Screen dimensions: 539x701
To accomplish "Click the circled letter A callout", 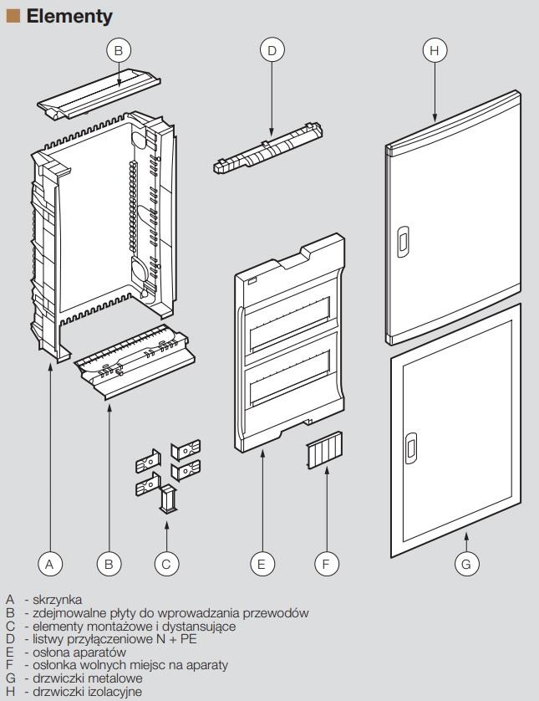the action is [x=49, y=564].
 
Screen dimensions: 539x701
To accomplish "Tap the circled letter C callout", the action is [x=166, y=564].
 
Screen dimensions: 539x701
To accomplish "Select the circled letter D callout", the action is [x=272, y=50].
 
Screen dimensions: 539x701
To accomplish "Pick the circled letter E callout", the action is [x=262, y=564].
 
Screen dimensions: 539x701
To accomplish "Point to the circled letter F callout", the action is [x=326, y=564].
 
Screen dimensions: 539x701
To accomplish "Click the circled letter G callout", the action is [x=466, y=564].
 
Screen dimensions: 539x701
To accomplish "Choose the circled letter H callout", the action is [x=435, y=50].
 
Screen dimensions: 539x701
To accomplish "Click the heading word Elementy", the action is [x=69, y=17].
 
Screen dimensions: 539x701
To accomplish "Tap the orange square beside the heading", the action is [x=13, y=17].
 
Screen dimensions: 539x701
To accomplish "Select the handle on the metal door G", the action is [x=411, y=448].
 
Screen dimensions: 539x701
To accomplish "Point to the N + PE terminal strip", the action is [x=268, y=148].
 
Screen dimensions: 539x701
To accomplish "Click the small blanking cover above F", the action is [x=324, y=450].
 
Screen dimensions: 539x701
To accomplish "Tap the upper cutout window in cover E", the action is [x=290, y=323].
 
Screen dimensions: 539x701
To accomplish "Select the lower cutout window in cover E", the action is [x=290, y=376].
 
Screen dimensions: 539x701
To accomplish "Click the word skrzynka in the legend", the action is [x=57, y=600].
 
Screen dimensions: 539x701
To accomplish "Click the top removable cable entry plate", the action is [x=99, y=94].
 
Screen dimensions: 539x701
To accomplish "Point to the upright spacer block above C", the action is [x=167, y=499].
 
